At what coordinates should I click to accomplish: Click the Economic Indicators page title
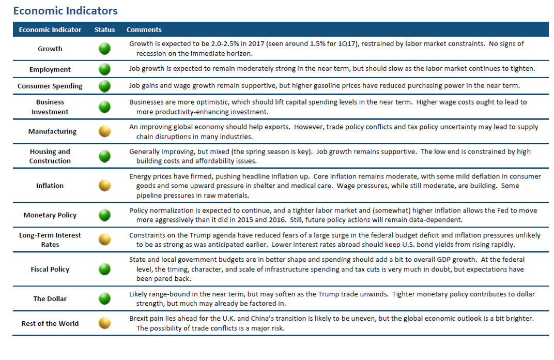[x=65, y=11]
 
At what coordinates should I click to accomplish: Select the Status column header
[x=104, y=29]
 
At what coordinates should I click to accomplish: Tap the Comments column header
[x=144, y=29]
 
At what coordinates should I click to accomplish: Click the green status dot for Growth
[x=104, y=49]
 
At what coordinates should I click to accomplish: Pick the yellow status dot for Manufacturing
[x=104, y=131]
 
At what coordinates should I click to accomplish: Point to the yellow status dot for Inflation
[x=104, y=185]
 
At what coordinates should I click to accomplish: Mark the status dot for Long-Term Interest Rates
[x=104, y=239]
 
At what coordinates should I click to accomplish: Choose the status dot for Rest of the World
[x=104, y=323]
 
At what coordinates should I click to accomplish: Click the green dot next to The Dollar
[x=104, y=298]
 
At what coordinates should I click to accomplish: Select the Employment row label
[x=50, y=70]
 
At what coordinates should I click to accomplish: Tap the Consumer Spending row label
[x=50, y=86]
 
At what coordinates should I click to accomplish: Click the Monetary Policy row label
[x=50, y=215]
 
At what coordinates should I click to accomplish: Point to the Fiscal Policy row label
[x=50, y=269]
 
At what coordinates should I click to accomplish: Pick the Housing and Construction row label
[x=50, y=156]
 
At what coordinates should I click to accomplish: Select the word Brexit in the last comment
[x=138, y=318]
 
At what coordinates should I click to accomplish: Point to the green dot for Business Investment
[x=104, y=107]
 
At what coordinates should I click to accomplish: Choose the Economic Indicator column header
[x=50, y=29]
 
